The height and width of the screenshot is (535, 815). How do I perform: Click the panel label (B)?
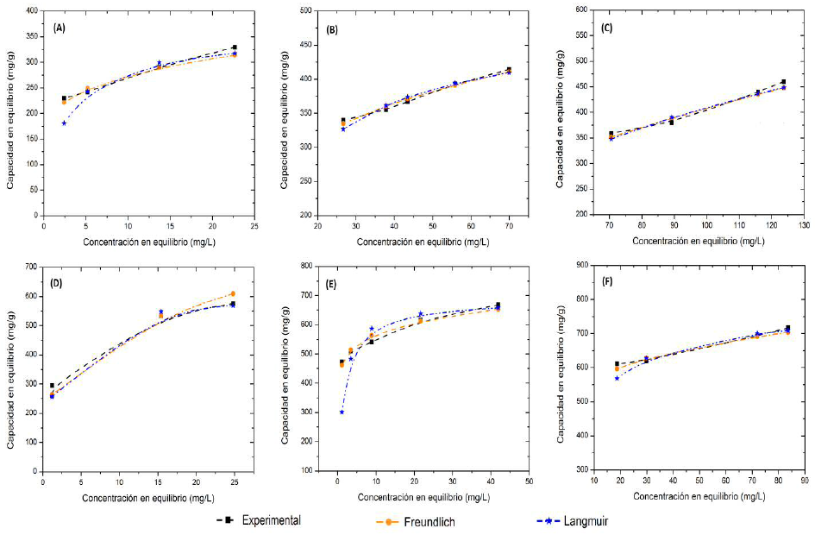tap(332, 28)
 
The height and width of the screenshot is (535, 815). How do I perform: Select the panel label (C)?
tap(607, 28)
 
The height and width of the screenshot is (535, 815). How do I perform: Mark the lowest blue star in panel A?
tap(64, 123)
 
